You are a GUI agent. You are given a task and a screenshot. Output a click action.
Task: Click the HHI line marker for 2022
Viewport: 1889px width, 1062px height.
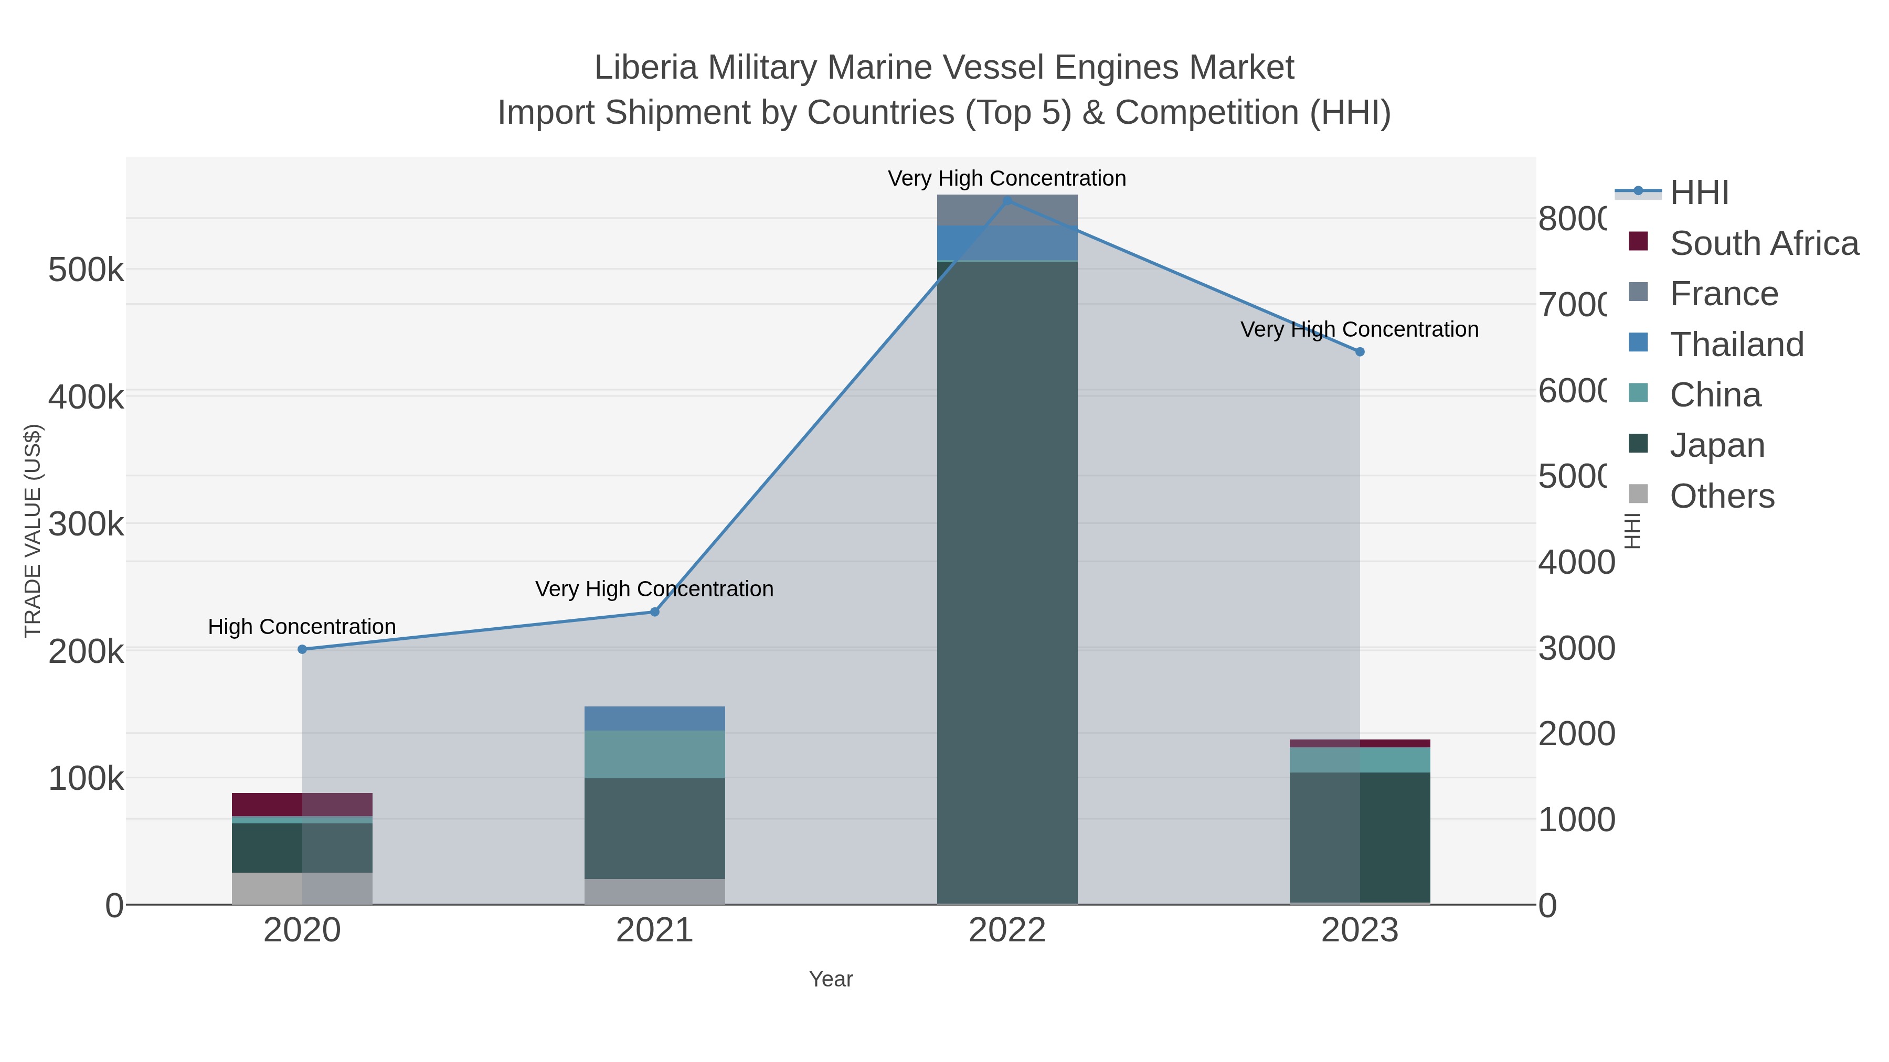tap(1007, 200)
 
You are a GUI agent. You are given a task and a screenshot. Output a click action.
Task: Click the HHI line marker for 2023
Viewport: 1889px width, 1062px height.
tap(1360, 352)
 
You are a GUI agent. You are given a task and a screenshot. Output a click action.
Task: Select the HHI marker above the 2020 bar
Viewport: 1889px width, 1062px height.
tap(302, 649)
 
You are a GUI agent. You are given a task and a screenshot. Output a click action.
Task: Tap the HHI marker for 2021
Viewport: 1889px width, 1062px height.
tap(655, 612)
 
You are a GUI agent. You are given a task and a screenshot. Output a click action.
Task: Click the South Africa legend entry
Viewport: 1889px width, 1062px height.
tap(1764, 243)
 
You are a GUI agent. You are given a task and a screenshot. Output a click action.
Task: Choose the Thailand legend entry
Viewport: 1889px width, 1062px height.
tap(1736, 345)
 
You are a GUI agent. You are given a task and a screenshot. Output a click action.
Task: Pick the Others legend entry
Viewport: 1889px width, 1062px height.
tap(1722, 496)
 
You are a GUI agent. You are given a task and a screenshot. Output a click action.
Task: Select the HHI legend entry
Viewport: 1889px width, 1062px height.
tap(1699, 193)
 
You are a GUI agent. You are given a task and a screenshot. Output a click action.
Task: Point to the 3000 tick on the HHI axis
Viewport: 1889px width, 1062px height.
tap(1576, 649)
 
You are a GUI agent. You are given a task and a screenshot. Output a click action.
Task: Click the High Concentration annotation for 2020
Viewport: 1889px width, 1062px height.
tap(302, 627)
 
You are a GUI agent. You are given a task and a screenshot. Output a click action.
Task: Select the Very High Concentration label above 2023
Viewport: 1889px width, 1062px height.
tap(1359, 330)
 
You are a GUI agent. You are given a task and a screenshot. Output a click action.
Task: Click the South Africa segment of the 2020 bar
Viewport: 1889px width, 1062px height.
tap(302, 804)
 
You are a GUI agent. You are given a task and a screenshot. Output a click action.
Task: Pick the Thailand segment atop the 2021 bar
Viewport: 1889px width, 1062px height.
tap(654, 718)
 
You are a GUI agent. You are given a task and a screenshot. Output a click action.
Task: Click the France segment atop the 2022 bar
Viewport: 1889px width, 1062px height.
tap(1007, 210)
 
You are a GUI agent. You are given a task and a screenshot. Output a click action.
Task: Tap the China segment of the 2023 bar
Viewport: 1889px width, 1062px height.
tap(1360, 760)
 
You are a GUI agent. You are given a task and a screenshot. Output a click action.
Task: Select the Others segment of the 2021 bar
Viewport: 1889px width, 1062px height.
tap(654, 891)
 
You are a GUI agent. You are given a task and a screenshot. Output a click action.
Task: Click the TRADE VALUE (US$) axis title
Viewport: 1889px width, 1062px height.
tap(33, 531)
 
